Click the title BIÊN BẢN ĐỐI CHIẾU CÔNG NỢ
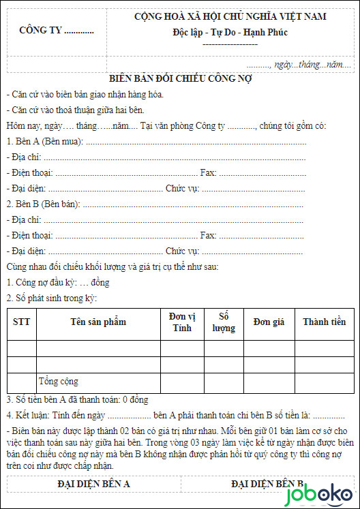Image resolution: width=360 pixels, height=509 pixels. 181,79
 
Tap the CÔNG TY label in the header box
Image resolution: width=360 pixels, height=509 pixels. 57,30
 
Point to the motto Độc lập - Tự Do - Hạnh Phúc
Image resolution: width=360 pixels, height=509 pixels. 230,32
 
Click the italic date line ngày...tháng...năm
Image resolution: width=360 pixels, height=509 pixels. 312,63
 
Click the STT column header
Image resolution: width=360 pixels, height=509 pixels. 21,322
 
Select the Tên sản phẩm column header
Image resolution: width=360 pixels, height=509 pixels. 98,322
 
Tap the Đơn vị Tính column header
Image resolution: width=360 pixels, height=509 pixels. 182,322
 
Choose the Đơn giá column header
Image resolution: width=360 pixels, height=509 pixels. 269,322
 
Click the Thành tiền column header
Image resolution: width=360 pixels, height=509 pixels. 324,322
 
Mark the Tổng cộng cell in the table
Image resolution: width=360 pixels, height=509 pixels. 58,381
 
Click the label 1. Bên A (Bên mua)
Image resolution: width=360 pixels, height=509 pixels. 45,141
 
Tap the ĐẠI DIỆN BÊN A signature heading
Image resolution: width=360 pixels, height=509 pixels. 93,484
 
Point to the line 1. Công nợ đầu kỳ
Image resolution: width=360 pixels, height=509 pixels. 58,282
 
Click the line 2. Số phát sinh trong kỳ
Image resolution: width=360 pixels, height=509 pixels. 52,298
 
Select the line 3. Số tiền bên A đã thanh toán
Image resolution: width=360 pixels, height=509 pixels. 77,399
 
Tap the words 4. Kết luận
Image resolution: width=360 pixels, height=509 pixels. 28,415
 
